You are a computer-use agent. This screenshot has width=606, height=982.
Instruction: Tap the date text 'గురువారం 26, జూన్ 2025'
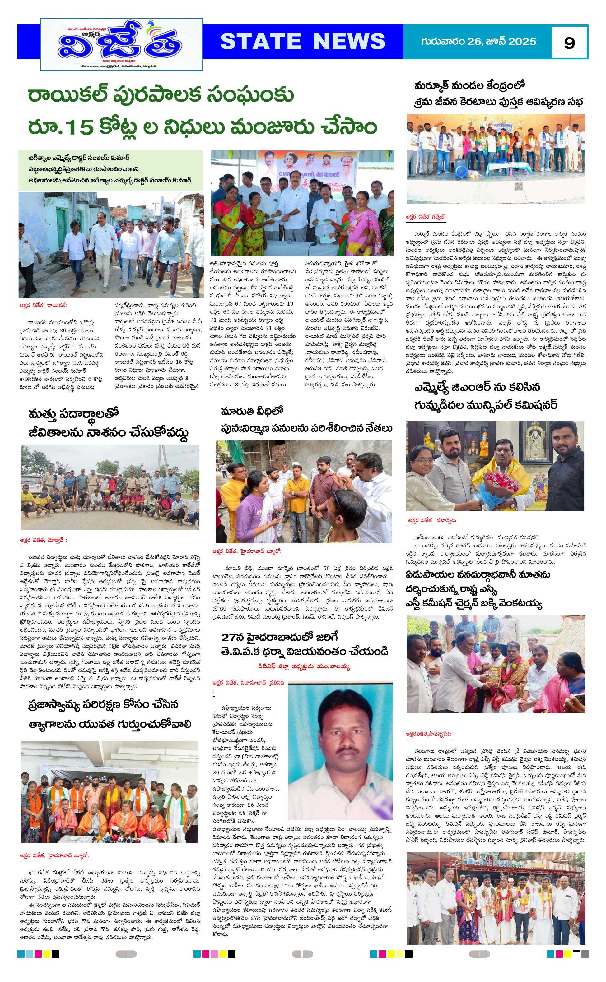pyautogui.click(x=478, y=41)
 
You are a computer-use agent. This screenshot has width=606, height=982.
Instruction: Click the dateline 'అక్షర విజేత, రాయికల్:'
pyautogui.click(x=43, y=306)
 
